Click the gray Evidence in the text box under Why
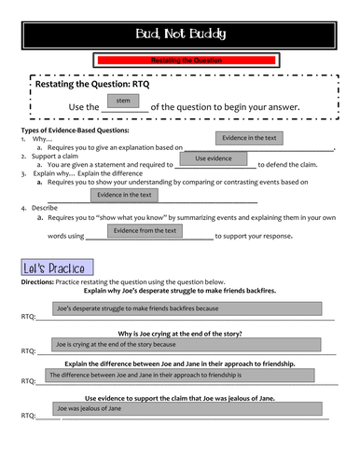point(249,139)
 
